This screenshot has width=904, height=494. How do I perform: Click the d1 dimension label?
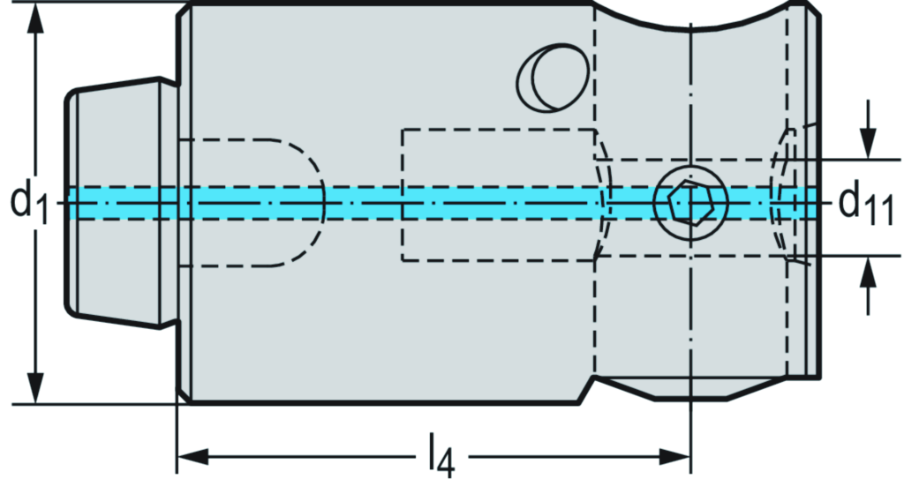29,202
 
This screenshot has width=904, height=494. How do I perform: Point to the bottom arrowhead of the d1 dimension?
35,389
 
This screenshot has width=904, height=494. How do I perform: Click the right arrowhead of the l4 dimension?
674,458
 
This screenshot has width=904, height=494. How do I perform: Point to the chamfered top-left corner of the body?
184,13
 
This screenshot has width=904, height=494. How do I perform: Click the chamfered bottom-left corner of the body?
184,394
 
